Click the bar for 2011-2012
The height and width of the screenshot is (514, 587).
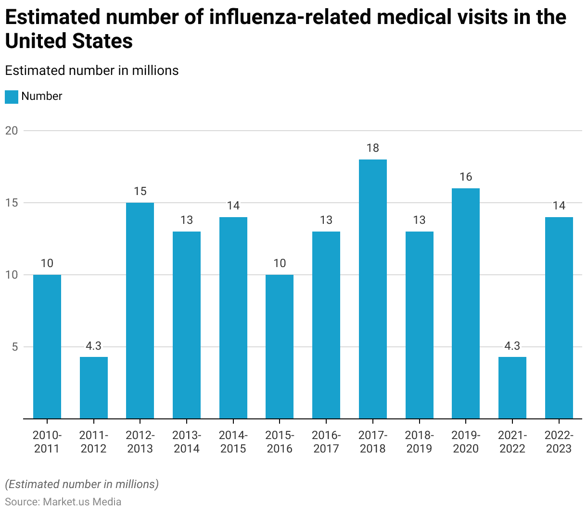click(93, 388)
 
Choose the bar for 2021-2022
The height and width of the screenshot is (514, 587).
click(512, 388)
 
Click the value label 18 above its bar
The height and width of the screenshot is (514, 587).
click(372, 148)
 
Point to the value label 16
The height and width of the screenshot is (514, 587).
click(465, 177)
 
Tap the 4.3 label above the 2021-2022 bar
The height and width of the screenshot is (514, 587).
click(512, 346)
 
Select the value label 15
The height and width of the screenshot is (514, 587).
click(140, 191)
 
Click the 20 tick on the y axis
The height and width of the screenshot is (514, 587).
click(12, 131)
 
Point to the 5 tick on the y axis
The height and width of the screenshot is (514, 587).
click(14, 347)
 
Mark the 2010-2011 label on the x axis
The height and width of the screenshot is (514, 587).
click(47, 442)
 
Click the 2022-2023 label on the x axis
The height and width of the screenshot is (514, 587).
click(559, 442)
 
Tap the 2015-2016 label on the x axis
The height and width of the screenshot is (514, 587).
click(280, 442)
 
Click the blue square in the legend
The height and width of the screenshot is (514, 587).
click(12, 97)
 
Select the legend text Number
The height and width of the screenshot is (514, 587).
click(42, 96)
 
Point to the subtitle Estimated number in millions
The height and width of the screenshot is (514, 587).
click(92, 71)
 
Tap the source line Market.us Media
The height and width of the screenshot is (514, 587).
click(63, 502)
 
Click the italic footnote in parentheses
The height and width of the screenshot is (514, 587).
click(82, 484)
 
